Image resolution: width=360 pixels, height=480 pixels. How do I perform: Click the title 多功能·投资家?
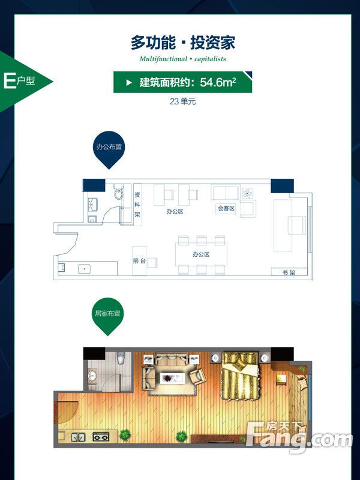click(x=182, y=43)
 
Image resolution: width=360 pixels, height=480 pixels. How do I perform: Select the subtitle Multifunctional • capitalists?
click(x=182, y=59)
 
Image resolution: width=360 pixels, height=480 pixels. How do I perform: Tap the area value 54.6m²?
click(x=218, y=82)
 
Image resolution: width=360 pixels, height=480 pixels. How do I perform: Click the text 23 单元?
click(x=183, y=102)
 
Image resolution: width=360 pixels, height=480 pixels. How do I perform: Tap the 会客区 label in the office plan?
click(x=226, y=208)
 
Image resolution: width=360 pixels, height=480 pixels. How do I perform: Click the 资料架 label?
click(x=137, y=204)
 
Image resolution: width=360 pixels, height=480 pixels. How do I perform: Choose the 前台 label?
click(x=139, y=261)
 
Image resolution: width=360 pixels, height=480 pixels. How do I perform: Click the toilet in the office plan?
click(x=119, y=193)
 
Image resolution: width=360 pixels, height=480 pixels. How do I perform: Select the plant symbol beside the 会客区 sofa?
click(x=247, y=194)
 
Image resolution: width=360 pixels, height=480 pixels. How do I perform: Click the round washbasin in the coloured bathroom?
click(x=92, y=377)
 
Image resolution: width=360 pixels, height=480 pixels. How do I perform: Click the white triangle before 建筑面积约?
click(x=128, y=83)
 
